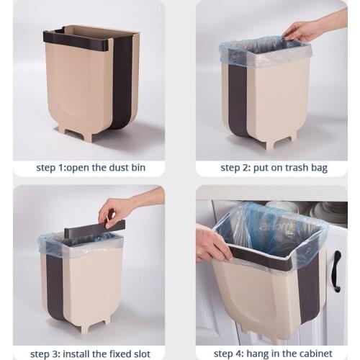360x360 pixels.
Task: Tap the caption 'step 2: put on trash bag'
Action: tap(274, 168)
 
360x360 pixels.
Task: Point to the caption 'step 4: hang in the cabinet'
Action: tap(274, 354)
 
